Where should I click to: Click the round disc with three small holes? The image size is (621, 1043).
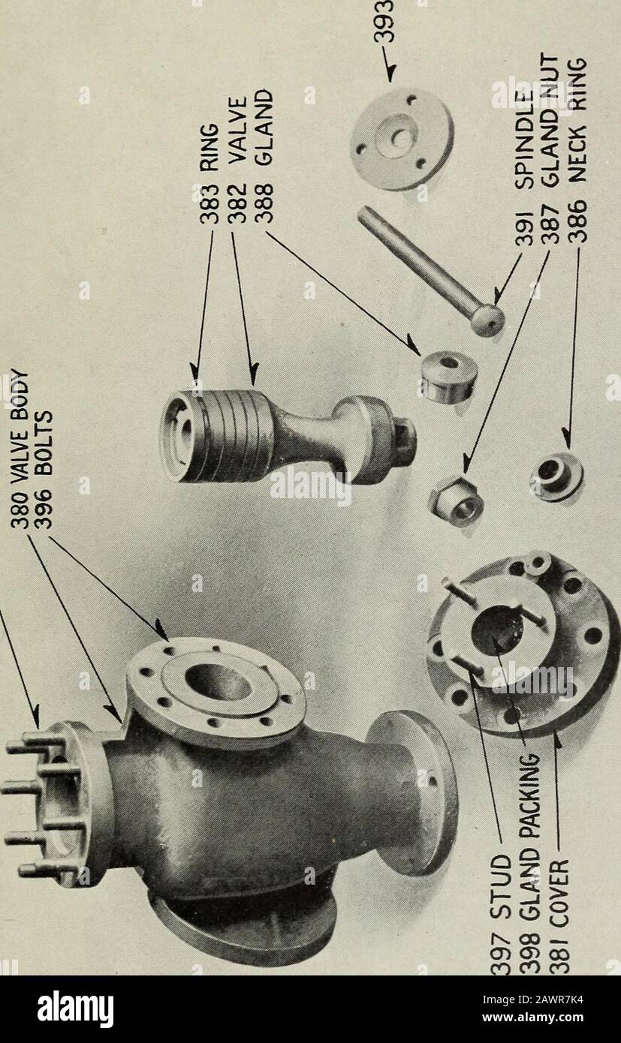[401, 139]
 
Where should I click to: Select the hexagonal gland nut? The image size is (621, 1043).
[456, 499]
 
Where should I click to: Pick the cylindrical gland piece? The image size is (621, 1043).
[448, 375]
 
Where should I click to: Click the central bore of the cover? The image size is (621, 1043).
[497, 628]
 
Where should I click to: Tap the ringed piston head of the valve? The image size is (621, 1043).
[218, 435]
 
